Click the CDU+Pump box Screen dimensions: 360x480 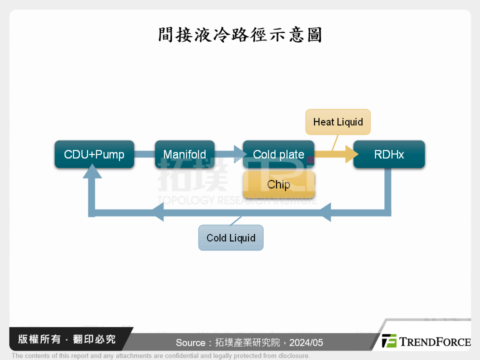(x=94, y=154)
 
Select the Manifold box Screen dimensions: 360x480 (x=184, y=154)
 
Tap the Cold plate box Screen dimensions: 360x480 (x=278, y=154)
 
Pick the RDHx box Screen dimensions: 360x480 (x=389, y=154)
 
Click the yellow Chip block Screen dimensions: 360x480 (x=278, y=184)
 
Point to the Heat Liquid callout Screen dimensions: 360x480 (x=338, y=122)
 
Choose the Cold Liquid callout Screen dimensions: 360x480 (x=231, y=238)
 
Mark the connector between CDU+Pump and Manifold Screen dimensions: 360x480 (x=144, y=154)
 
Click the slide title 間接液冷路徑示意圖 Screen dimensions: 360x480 (x=240, y=35)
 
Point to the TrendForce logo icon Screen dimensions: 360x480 (x=389, y=341)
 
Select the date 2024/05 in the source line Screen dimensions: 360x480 (x=306, y=343)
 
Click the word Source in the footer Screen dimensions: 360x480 (x=190, y=343)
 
